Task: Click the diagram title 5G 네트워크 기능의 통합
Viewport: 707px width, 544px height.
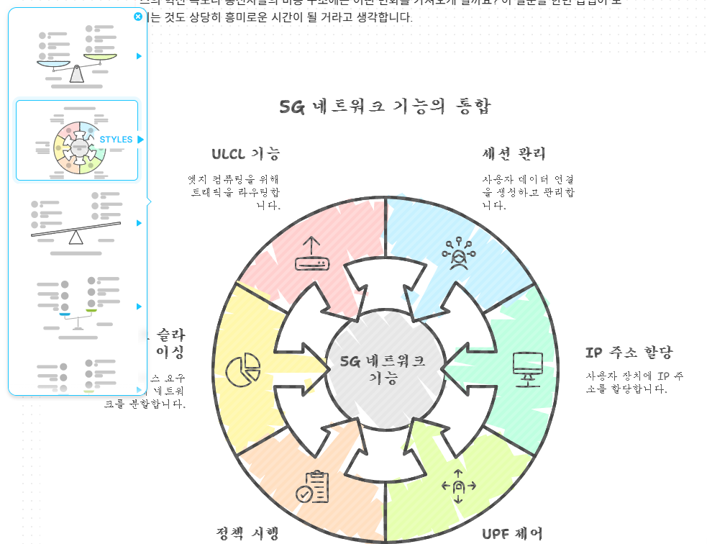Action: coord(385,106)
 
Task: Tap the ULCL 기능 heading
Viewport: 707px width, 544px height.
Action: coord(245,154)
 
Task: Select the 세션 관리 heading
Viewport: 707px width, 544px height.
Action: coord(514,154)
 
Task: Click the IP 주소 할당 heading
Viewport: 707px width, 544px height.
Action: coord(629,353)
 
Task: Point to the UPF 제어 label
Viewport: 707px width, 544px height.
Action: coord(512,533)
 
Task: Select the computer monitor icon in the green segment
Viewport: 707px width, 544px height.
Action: coord(528,369)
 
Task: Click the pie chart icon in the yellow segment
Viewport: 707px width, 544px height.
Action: coord(242,369)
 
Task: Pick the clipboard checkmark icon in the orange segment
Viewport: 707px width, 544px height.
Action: coord(313,487)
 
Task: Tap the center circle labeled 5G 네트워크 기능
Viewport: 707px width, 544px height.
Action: coord(382,368)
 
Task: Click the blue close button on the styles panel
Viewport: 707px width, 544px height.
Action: coord(138,16)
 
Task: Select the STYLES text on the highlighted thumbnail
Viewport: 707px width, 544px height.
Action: coord(116,140)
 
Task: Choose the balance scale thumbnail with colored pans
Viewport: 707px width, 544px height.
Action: coord(77,56)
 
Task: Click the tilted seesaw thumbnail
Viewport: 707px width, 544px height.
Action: coord(76,223)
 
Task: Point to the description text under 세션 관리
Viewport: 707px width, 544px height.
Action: coord(528,192)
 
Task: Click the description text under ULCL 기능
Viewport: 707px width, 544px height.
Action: coord(234,192)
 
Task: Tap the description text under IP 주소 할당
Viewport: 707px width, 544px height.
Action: coord(634,382)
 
